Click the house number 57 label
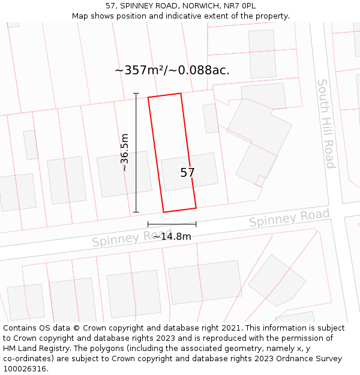pyautogui.click(x=187, y=173)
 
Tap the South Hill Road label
pyautogui.click(x=326, y=124)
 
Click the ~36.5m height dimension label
pyautogui.click(x=125, y=152)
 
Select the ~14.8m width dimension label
pyautogui.click(x=172, y=236)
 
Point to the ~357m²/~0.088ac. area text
pyautogui.click(x=172, y=70)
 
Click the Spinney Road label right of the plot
pyautogui.click(x=289, y=217)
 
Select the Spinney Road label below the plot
pyautogui.click(x=131, y=238)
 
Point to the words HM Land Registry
pyautogui.click(x=34, y=349)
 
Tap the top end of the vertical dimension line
pyautogui.click(x=136, y=94)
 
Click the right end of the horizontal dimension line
pyautogui.click(x=196, y=224)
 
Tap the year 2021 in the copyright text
pyautogui.click(x=232, y=328)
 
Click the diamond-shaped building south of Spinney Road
pyautogui.click(x=277, y=280)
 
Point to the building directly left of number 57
pyautogui.click(x=125, y=174)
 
